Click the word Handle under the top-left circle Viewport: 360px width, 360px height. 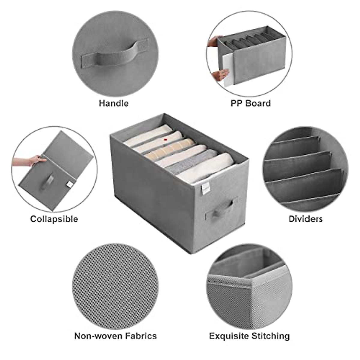click(113, 103)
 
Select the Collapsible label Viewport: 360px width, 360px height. click(54, 219)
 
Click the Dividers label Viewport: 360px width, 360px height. click(305, 219)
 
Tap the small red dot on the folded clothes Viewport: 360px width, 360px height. click(165, 139)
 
